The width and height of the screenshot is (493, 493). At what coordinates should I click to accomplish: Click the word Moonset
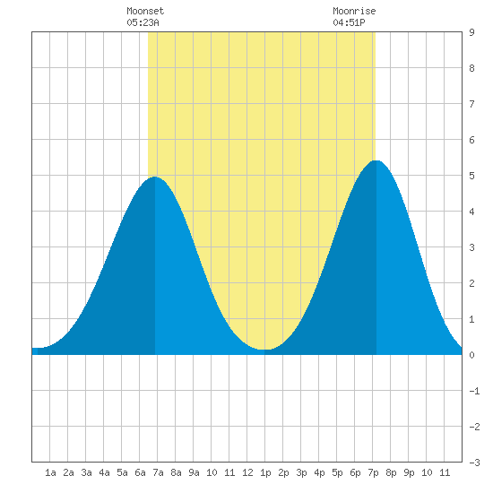pos(145,11)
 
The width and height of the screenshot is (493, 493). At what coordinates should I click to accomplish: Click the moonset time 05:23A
pos(143,22)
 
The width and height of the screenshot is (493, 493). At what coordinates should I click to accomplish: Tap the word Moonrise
pos(354,11)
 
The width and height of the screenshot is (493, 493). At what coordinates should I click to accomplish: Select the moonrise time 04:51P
pos(349,22)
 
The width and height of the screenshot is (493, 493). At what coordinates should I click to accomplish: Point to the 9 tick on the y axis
pos(471,32)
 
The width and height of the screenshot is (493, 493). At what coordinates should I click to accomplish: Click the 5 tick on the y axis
pos(471,176)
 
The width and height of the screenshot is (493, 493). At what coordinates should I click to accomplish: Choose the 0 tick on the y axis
pos(471,355)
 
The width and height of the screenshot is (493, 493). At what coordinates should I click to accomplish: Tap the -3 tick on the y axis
pos(474,463)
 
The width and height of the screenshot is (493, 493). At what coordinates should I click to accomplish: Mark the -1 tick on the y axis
pos(474,391)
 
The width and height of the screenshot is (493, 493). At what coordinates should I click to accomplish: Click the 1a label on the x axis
pos(50,472)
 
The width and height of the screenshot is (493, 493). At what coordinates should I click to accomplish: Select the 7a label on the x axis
pos(158,472)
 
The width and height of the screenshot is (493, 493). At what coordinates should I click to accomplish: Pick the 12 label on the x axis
pos(247,472)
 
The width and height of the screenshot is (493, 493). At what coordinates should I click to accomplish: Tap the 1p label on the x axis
pos(265,472)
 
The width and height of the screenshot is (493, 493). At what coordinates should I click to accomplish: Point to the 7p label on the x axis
pos(373,472)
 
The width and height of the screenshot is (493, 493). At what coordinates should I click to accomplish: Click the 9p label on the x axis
pos(409,472)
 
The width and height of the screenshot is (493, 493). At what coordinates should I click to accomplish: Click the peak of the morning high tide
pos(155,177)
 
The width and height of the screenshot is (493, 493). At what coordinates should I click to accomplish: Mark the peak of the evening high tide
pos(376,160)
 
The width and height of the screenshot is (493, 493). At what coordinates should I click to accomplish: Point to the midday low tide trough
pos(264,350)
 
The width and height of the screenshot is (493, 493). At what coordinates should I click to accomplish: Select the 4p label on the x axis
pos(319,472)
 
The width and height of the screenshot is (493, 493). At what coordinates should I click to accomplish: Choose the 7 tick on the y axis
pos(471,104)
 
